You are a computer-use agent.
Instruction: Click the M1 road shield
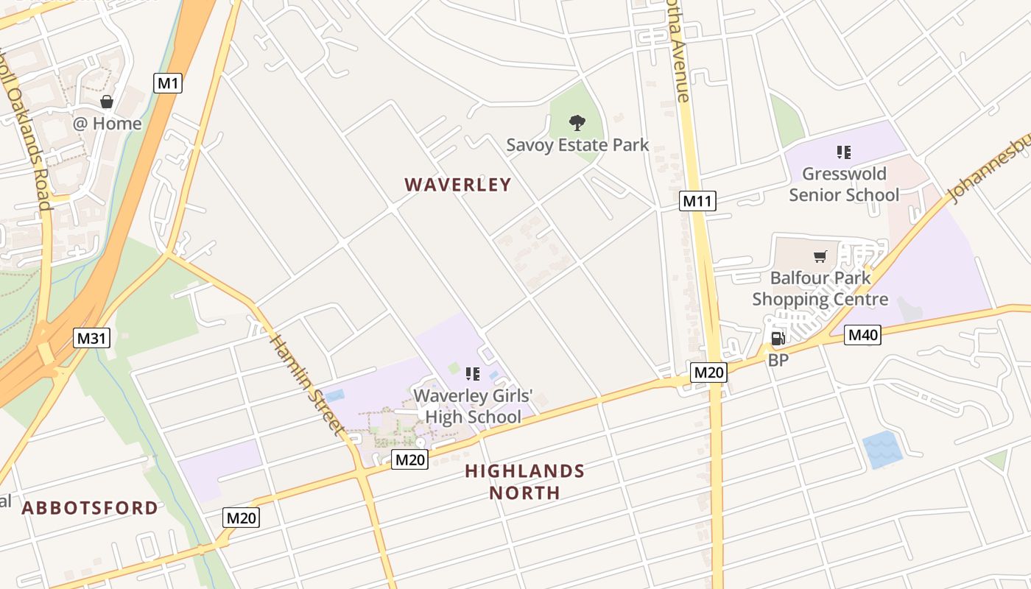[x=168, y=83]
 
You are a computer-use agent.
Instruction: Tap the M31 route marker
[x=92, y=339]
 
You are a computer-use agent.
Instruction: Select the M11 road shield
[x=697, y=201]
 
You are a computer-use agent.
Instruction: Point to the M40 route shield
[x=862, y=336]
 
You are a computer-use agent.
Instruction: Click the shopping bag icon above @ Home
[x=107, y=102]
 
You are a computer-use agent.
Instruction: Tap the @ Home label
[x=107, y=123]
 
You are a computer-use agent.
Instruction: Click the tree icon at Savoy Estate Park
[x=577, y=123]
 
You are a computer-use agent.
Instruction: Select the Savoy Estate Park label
[x=577, y=144]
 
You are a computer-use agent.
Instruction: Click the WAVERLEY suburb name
[x=457, y=185]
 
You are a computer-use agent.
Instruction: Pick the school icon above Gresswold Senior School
[x=844, y=152]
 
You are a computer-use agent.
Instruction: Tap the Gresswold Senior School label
[x=844, y=184]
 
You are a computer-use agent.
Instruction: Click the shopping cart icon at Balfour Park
[x=820, y=256]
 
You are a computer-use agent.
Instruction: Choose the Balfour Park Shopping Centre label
[x=820, y=289]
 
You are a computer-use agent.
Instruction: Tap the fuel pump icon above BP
[x=778, y=339]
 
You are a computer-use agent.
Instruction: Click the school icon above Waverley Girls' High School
[x=473, y=374]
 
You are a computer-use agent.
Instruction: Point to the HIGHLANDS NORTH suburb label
[x=524, y=482]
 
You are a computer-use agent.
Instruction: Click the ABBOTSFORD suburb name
[x=90, y=508]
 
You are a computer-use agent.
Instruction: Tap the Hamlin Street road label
[x=307, y=384]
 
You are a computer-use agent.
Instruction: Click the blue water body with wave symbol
[x=882, y=449]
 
